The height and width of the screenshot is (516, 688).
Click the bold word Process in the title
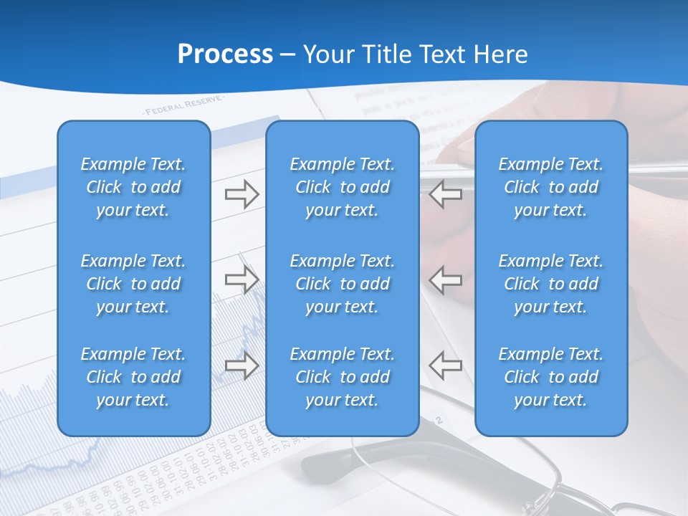coord(225,54)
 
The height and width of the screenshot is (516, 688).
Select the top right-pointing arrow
coord(242,194)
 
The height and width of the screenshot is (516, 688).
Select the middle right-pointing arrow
coord(242,279)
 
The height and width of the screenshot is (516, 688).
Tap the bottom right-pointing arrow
coord(242,365)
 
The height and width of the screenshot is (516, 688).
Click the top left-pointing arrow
coord(446,194)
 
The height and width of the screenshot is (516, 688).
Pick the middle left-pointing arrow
coord(446,279)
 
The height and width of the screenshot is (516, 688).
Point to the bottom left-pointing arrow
coord(446,365)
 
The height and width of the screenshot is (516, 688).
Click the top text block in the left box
coord(133,187)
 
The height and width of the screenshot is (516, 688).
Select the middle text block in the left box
coord(133,284)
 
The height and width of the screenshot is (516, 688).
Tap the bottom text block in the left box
coord(133,377)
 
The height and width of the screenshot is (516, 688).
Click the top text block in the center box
coord(343,187)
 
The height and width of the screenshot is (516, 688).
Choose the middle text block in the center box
coord(343,284)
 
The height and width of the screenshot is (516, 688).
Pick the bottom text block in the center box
coord(343,377)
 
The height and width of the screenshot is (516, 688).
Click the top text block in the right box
coord(551,187)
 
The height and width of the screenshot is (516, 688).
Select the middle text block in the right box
coord(551,284)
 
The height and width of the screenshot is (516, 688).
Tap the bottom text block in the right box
coord(551,377)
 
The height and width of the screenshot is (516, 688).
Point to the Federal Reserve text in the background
coord(183,106)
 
